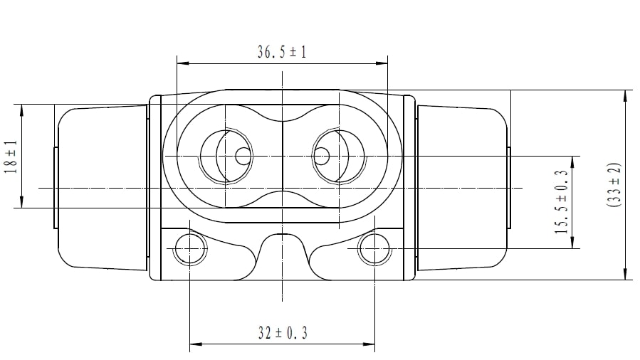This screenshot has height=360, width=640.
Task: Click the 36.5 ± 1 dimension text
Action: [x=282, y=52]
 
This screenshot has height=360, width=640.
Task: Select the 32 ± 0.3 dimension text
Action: [x=283, y=333]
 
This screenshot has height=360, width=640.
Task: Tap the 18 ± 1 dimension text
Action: [x=11, y=157]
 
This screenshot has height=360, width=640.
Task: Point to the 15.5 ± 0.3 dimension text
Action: [x=562, y=202]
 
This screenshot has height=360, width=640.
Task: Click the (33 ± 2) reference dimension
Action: [x=614, y=185]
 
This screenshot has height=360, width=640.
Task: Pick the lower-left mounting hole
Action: [x=190, y=248]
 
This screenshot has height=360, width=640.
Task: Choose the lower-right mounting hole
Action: [x=374, y=248]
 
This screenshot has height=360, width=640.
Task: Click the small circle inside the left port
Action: [x=243, y=156]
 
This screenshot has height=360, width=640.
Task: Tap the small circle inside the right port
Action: [x=321, y=156]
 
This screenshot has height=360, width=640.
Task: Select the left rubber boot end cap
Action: [x=102, y=188]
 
